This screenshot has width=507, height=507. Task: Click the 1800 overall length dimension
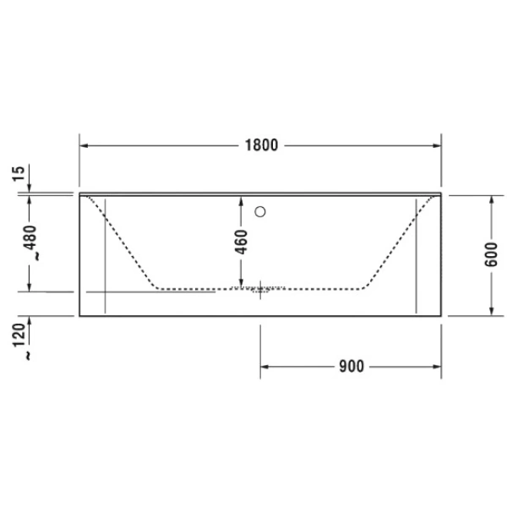click(x=261, y=145)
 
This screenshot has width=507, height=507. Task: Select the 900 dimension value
click(x=350, y=367)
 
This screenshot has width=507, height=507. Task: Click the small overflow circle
click(x=261, y=211)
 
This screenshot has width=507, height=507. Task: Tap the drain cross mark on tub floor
click(x=260, y=289)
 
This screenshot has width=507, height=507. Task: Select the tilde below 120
click(x=30, y=356)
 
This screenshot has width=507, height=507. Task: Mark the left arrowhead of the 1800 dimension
click(x=84, y=145)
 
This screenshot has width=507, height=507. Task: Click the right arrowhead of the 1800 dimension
click(x=437, y=145)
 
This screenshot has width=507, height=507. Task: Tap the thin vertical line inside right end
click(x=417, y=253)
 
